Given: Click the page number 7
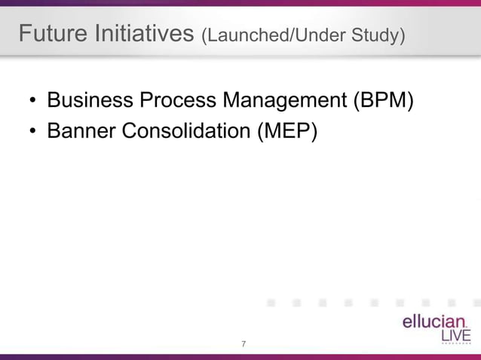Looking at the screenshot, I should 243,345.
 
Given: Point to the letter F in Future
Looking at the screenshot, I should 25,34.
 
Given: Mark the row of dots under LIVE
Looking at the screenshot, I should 456,345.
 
